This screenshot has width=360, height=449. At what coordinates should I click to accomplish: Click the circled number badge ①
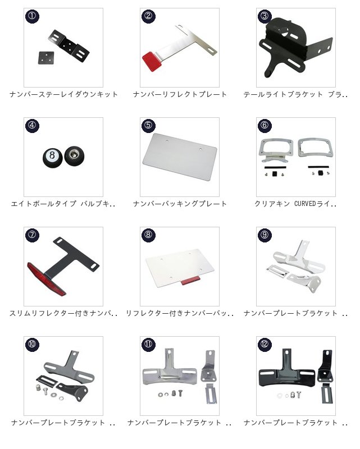pos(32,16)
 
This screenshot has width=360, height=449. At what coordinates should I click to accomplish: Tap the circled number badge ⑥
pos(265,125)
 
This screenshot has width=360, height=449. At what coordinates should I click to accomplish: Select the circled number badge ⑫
pos(265,344)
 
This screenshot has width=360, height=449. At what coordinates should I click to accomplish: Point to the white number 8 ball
pos(52,157)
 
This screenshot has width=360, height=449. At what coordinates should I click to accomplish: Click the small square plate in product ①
pos(47,58)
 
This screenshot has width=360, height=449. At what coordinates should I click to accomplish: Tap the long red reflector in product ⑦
pos(47,278)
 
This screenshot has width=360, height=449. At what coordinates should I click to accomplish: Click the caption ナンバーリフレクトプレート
pos(180,94)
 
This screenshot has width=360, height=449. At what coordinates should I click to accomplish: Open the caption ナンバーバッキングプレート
pos(180,204)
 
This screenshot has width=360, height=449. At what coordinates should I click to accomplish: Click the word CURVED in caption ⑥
pos(305,204)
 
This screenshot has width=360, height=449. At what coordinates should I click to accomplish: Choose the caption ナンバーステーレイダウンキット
pos(63,94)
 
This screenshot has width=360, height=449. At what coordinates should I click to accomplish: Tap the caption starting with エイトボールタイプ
pos(63,204)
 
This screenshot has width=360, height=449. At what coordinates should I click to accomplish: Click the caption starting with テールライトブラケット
pos(296,94)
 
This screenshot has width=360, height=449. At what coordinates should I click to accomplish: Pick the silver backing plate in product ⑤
pos(180,157)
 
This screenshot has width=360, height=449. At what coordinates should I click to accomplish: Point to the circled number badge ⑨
pos(265,235)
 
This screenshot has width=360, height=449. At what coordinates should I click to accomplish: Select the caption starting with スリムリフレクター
pos(63,313)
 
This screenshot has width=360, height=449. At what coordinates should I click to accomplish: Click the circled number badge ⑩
pos(32,344)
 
